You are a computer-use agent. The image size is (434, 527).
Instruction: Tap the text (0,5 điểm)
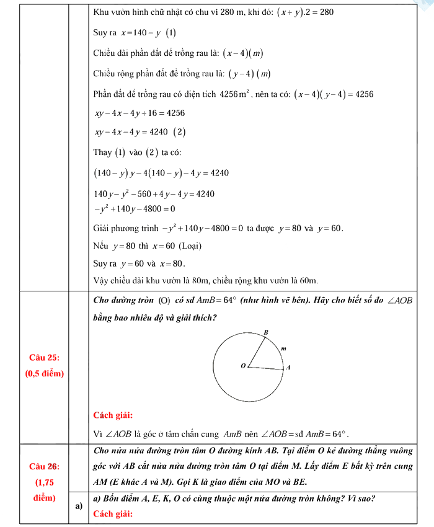tap(45, 374)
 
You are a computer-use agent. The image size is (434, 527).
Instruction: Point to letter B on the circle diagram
tap(266, 333)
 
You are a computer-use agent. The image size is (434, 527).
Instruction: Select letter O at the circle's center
tap(243, 366)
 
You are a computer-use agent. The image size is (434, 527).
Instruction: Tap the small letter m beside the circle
tap(283, 348)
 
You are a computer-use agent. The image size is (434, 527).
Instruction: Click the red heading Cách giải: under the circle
tap(113, 415)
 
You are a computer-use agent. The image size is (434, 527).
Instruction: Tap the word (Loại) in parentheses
tap(187, 246)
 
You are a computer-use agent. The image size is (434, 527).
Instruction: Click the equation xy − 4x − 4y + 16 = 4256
tap(139, 113)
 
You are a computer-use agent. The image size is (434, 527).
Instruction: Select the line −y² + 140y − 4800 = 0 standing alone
tap(134, 209)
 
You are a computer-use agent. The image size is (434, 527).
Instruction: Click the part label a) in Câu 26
tap(79, 506)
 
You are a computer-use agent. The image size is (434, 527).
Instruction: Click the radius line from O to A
tap(266, 368)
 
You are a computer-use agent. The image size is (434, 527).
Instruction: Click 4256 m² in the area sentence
tap(234, 94)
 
